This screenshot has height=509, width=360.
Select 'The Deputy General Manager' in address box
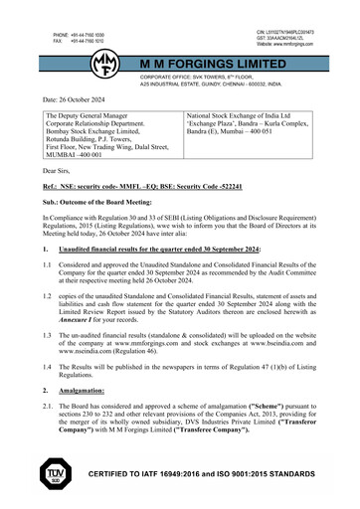pyautogui.click(x=91, y=116)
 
